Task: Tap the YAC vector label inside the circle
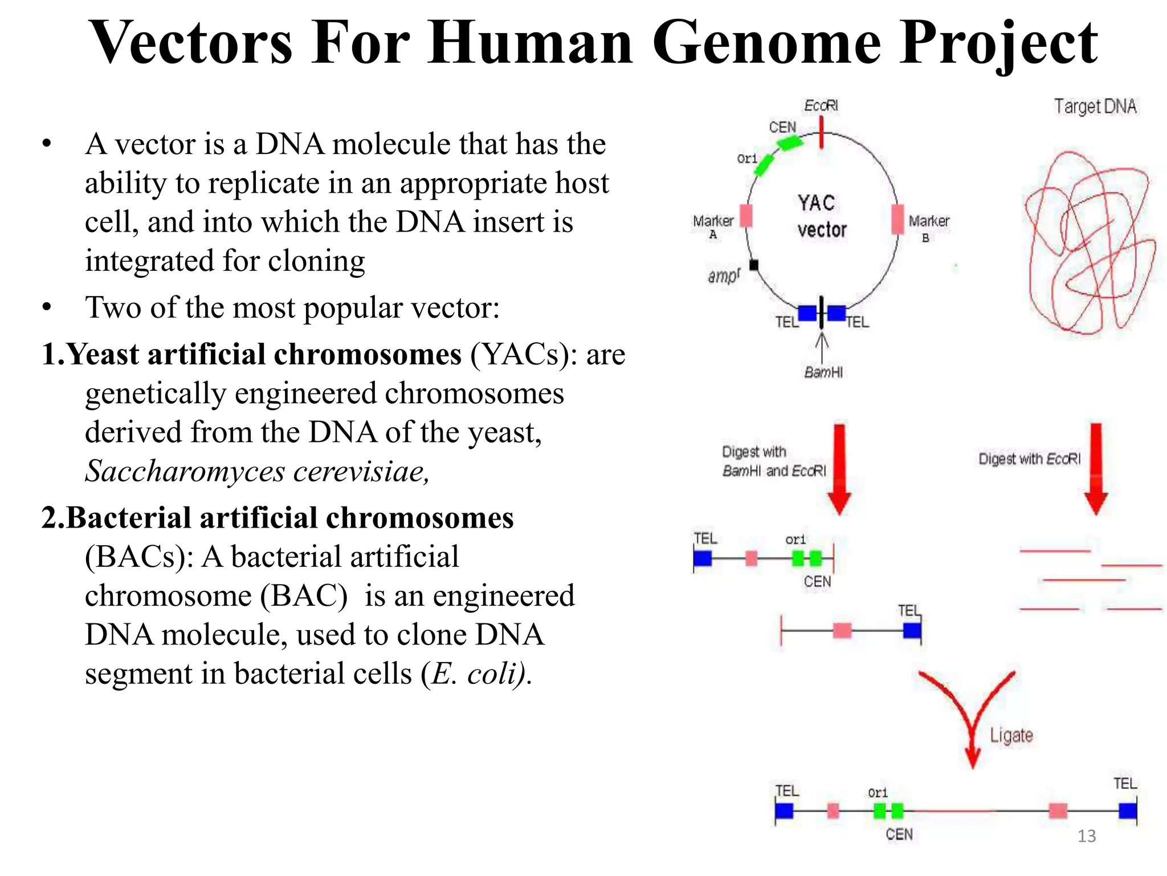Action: click(x=821, y=217)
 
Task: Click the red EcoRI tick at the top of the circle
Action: click(x=821, y=132)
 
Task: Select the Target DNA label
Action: click(x=1095, y=107)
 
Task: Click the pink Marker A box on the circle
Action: click(x=746, y=216)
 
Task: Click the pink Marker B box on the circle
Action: click(x=897, y=219)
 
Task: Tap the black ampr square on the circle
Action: click(x=754, y=265)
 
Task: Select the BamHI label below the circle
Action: click(x=823, y=372)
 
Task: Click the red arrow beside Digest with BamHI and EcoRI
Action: click(x=839, y=468)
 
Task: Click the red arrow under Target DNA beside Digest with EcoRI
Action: click(x=1096, y=468)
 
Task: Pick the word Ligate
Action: click(x=1011, y=735)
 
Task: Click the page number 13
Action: click(x=1086, y=836)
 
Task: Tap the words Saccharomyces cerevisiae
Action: click(x=256, y=472)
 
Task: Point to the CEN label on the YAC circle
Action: click(x=782, y=127)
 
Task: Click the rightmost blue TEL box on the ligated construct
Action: click(x=1127, y=810)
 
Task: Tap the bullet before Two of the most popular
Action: click(x=47, y=308)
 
